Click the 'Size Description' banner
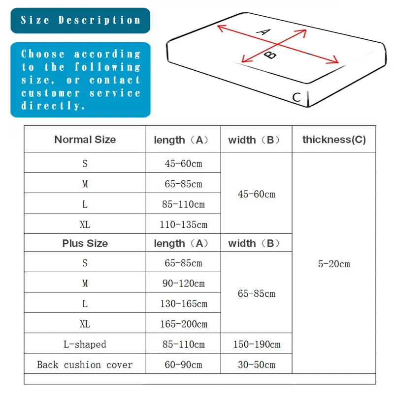pyautogui.click(x=80, y=21)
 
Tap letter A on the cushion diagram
pyautogui.click(x=264, y=32)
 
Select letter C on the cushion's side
pyautogui.click(x=296, y=97)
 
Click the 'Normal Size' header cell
pyautogui.click(x=85, y=140)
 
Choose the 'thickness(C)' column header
pyautogui.click(x=334, y=140)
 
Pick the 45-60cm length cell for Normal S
pyautogui.click(x=183, y=164)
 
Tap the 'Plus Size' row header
pyautogui.click(x=85, y=243)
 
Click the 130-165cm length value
pyautogui.click(x=184, y=304)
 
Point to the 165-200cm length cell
pyautogui.click(x=184, y=324)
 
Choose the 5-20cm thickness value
pyautogui.click(x=334, y=264)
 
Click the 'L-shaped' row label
pyautogui.click(x=85, y=344)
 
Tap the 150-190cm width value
pyautogui.click(x=257, y=344)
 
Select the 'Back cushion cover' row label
pyautogui.click(x=85, y=365)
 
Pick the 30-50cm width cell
pyautogui.click(x=257, y=365)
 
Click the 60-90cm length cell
pyautogui.click(x=183, y=365)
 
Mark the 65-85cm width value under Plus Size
pyautogui.click(x=257, y=294)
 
